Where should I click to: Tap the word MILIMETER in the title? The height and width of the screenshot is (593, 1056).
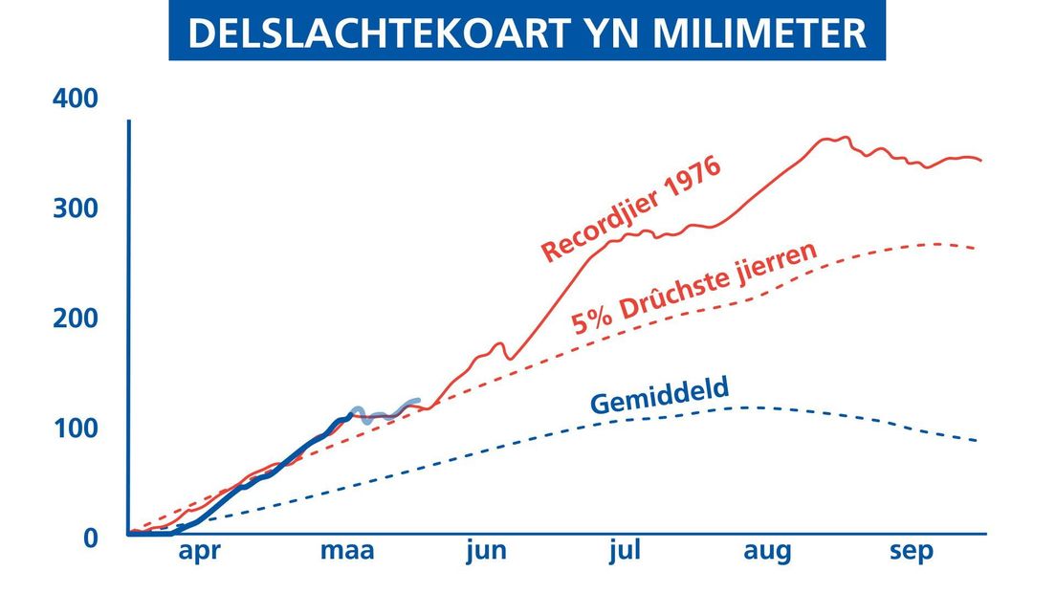pos(759,33)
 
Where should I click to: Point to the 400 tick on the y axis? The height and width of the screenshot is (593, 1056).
pos(76,99)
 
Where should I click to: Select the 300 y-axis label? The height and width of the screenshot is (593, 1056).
pos(76,208)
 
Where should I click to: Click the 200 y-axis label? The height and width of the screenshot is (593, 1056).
pos(76,318)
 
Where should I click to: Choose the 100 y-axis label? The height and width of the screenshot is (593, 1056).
pos(77,428)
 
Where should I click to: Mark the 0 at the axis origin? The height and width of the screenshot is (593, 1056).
pos(90,538)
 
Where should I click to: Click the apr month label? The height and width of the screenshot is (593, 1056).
pos(199,552)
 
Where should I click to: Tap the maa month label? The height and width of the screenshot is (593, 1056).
pos(347,551)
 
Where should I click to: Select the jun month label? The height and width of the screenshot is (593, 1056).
pos(487,551)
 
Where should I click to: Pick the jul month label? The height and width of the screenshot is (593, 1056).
pos(625,551)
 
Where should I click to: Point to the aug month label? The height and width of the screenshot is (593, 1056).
pos(767,552)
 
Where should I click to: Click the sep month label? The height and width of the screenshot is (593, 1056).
pos(912,552)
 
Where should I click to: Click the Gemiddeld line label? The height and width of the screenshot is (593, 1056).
pos(659,396)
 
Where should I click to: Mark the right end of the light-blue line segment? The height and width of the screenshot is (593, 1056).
pos(419,401)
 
